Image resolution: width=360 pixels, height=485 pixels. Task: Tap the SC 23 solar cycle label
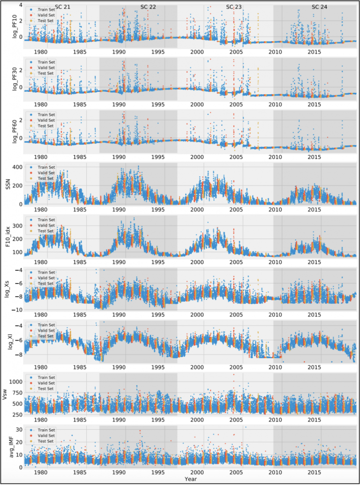(x=234, y=7)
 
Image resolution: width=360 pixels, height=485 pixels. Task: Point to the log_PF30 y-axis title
(x=8, y=78)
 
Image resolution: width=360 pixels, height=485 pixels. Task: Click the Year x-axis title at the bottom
(x=190, y=479)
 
